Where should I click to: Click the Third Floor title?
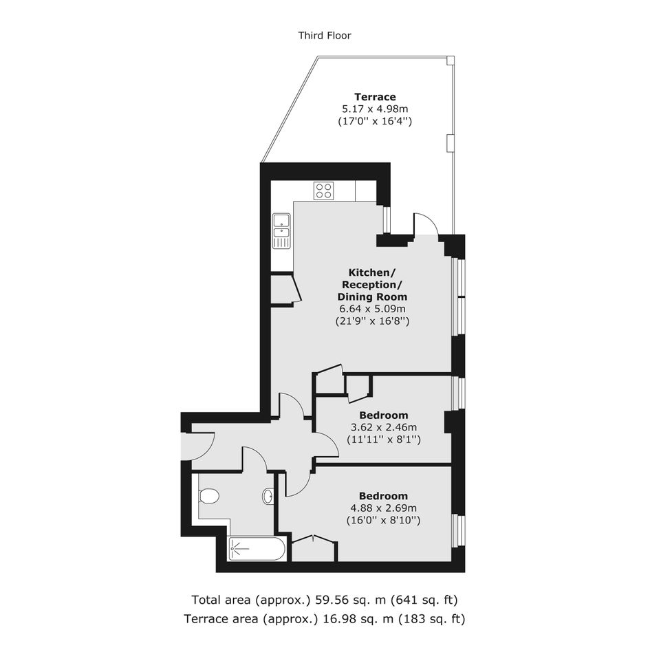(x=325, y=36)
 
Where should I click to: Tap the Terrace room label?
(x=375, y=97)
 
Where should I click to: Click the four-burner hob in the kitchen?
(x=323, y=191)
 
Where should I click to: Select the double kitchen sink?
(x=281, y=231)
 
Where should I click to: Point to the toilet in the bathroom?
(x=208, y=496)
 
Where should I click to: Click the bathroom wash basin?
(x=268, y=496)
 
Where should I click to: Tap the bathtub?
(x=256, y=549)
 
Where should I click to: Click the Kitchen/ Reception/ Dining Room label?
(x=372, y=285)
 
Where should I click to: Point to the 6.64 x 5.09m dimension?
(x=372, y=309)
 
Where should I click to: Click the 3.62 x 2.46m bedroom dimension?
(x=384, y=427)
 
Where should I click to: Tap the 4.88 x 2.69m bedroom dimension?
(x=383, y=508)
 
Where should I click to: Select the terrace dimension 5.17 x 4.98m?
(x=375, y=109)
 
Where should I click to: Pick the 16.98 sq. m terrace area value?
(x=358, y=619)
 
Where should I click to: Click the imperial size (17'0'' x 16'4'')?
(x=375, y=122)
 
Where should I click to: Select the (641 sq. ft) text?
(x=427, y=600)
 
